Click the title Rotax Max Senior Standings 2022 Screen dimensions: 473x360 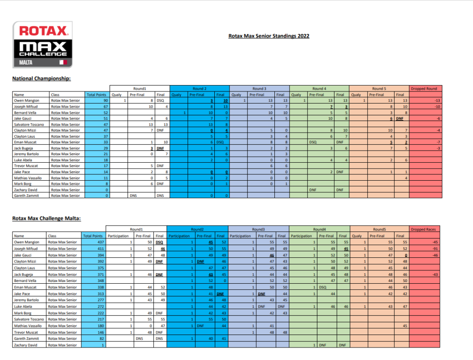(269, 36)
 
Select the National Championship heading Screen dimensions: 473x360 (42, 79)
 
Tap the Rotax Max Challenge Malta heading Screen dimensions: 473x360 (47, 219)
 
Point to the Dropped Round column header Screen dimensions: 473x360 (426, 88)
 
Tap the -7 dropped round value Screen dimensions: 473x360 (437, 142)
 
